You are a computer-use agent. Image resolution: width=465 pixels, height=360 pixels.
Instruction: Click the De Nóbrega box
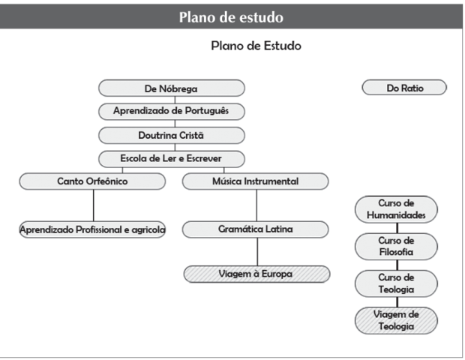tap(172, 88)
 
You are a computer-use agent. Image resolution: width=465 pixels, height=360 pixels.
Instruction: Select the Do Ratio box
tap(404, 88)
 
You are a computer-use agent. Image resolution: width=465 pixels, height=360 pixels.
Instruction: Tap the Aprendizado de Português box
tap(172, 112)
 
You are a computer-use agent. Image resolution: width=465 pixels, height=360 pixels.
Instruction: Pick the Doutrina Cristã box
tap(172, 135)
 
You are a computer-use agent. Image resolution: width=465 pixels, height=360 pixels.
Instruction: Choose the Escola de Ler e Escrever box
tap(172, 158)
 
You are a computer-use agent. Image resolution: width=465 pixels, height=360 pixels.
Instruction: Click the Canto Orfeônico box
tap(93, 181)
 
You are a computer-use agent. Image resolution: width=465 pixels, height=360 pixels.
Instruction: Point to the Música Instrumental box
tap(256, 181)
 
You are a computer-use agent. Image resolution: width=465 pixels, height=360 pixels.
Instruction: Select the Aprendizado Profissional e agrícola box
tap(93, 229)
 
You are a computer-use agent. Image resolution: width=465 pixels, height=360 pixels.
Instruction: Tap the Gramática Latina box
tap(256, 229)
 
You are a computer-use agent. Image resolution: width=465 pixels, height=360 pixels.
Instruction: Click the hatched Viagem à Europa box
tap(256, 274)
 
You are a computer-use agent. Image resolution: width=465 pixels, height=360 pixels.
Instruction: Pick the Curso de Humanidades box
tap(396, 209)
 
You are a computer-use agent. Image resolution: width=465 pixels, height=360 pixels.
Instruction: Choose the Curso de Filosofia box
tap(396, 246)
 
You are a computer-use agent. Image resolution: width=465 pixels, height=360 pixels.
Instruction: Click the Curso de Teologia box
tap(396, 283)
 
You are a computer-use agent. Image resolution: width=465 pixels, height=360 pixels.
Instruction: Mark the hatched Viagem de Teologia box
tap(396, 320)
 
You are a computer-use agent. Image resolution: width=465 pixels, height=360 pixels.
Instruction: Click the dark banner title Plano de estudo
tap(232, 16)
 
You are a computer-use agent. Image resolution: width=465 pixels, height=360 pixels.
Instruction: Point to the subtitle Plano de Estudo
tap(256, 46)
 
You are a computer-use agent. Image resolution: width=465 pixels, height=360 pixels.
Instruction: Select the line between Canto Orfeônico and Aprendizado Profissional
tap(93, 205)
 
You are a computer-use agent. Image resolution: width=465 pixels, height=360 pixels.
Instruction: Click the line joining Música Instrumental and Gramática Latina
tap(256, 205)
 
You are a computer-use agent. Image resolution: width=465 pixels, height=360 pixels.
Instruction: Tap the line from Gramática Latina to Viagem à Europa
tap(256, 251)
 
